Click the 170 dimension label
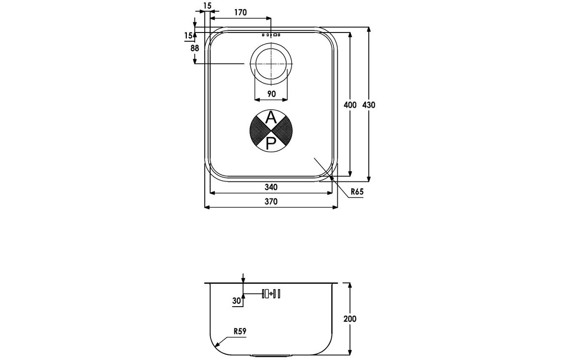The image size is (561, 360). [x=240, y=13]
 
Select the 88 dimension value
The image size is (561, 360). [x=195, y=48]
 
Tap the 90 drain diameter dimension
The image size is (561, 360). [x=271, y=94]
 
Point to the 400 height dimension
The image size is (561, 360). [x=350, y=105]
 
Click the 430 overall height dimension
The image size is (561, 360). [x=369, y=105]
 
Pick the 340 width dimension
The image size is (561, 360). [x=271, y=187]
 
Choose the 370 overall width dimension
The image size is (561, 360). [x=271, y=201]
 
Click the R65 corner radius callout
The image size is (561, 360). [x=357, y=192]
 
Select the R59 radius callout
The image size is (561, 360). [x=240, y=331]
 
